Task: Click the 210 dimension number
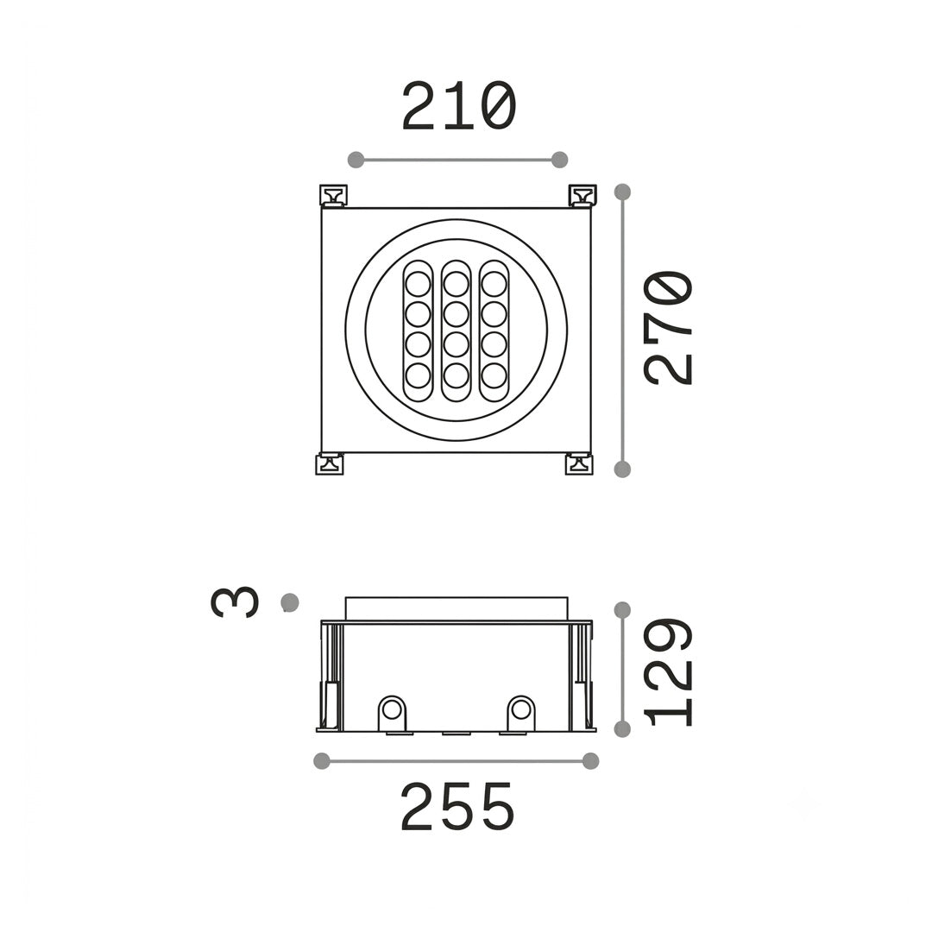458,107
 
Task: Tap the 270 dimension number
668,328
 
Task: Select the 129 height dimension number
668,671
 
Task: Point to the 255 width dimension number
457,807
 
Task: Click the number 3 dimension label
235,602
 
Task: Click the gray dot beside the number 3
289,602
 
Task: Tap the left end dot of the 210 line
356,160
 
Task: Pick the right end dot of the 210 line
559,160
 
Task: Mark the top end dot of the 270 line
622,192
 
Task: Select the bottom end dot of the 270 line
622,469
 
